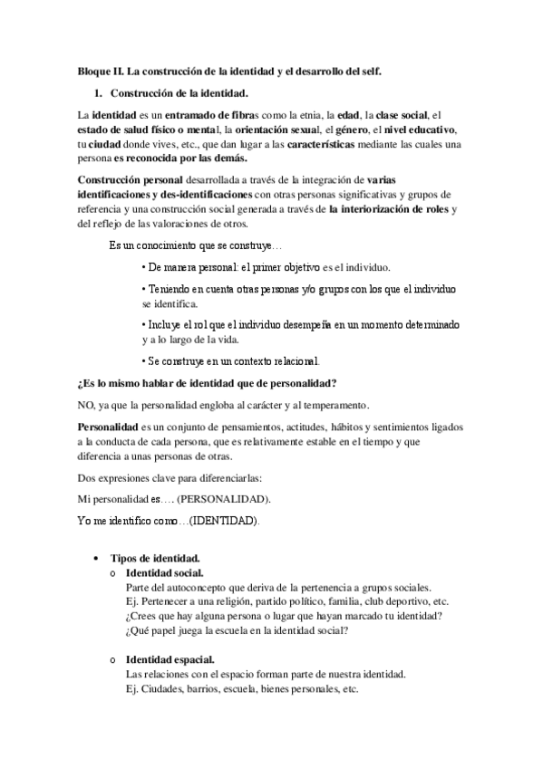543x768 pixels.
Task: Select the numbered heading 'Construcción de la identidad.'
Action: point(179,92)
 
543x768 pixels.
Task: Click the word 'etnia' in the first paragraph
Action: point(320,116)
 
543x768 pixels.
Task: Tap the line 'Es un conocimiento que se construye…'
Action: point(196,246)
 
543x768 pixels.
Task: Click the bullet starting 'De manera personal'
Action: point(267,268)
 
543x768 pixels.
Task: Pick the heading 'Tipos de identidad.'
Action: point(155,559)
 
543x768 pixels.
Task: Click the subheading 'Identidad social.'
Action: point(165,573)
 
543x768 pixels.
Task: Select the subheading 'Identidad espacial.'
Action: point(170,659)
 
